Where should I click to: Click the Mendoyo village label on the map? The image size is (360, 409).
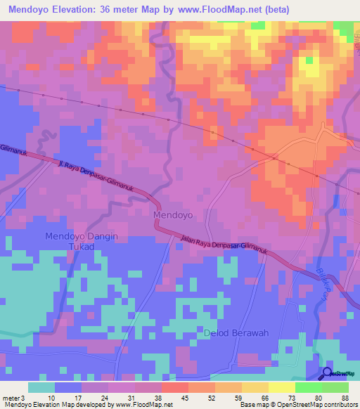click(x=172, y=214)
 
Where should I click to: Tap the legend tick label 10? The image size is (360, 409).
click(x=51, y=397)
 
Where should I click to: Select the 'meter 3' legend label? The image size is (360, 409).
click(x=15, y=397)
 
